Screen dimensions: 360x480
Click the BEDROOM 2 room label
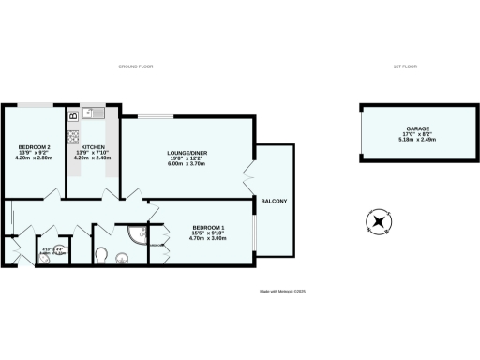click(34, 147)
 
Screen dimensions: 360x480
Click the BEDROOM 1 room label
click(209, 228)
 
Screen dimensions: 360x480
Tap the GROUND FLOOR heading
click(136, 67)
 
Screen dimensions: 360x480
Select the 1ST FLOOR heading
click(404, 67)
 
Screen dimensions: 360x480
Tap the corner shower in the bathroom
click(138, 233)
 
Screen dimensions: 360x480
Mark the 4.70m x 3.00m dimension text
click(209, 239)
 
